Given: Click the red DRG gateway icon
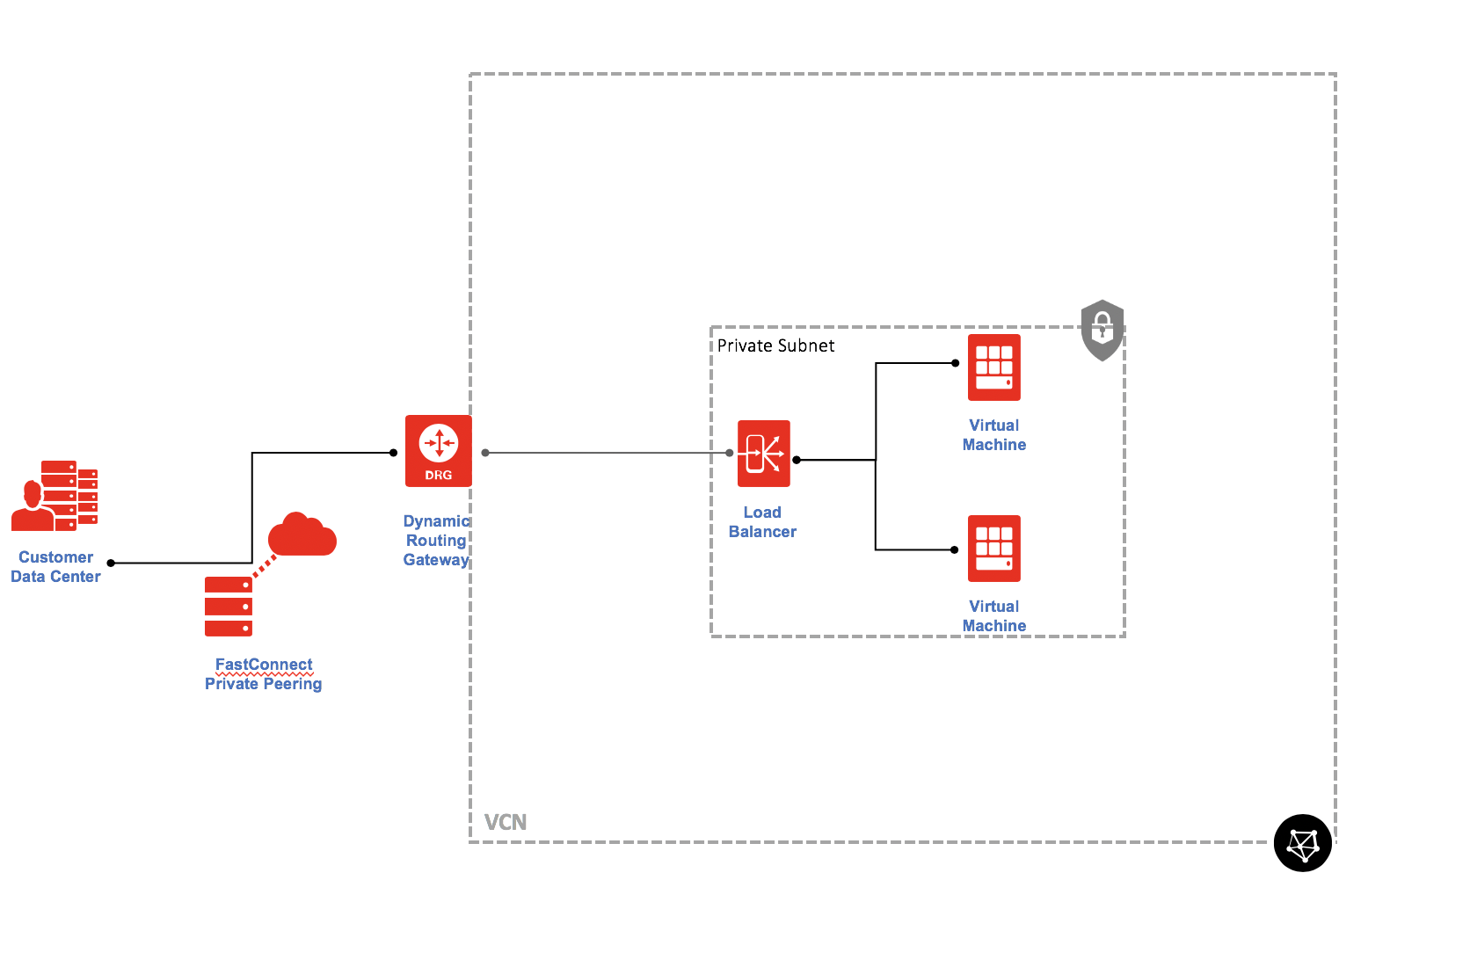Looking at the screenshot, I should pyautogui.click(x=438, y=450).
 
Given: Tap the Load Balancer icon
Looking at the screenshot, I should pyautogui.click(x=763, y=454).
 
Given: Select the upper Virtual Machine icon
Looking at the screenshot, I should pyautogui.click(x=993, y=367).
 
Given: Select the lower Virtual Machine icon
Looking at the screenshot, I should pyautogui.click(x=993, y=549).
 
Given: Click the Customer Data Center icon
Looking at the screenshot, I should pyautogui.click(x=55, y=496).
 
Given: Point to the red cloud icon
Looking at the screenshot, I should pyautogui.click(x=302, y=535).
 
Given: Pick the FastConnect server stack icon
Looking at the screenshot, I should pyautogui.click(x=229, y=607).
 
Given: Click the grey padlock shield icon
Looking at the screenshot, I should pyautogui.click(x=1102, y=330).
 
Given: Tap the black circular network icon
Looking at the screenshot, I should pyautogui.click(x=1302, y=843).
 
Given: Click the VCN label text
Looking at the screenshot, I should pyautogui.click(x=506, y=823).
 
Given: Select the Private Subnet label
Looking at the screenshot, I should pyautogui.click(x=775, y=345).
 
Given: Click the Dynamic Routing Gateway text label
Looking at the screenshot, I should pyautogui.click(x=436, y=541).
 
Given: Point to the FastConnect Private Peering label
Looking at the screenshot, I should pyautogui.click(x=264, y=674).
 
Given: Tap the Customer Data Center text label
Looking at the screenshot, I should pyautogui.click(x=55, y=567).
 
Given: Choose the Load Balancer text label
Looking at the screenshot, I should pyautogui.click(x=762, y=522).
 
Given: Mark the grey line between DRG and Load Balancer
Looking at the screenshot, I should pyautogui.click(x=607, y=453).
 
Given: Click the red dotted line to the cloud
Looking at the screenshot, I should pyautogui.click(x=265, y=565).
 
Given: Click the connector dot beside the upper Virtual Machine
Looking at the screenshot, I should pyautogui.click(x=955, y=363).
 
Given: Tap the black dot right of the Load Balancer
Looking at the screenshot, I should pyautogui.click(x=797, y=460).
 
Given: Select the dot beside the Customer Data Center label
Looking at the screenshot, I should pyautogui.click(x=111, y=563).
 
